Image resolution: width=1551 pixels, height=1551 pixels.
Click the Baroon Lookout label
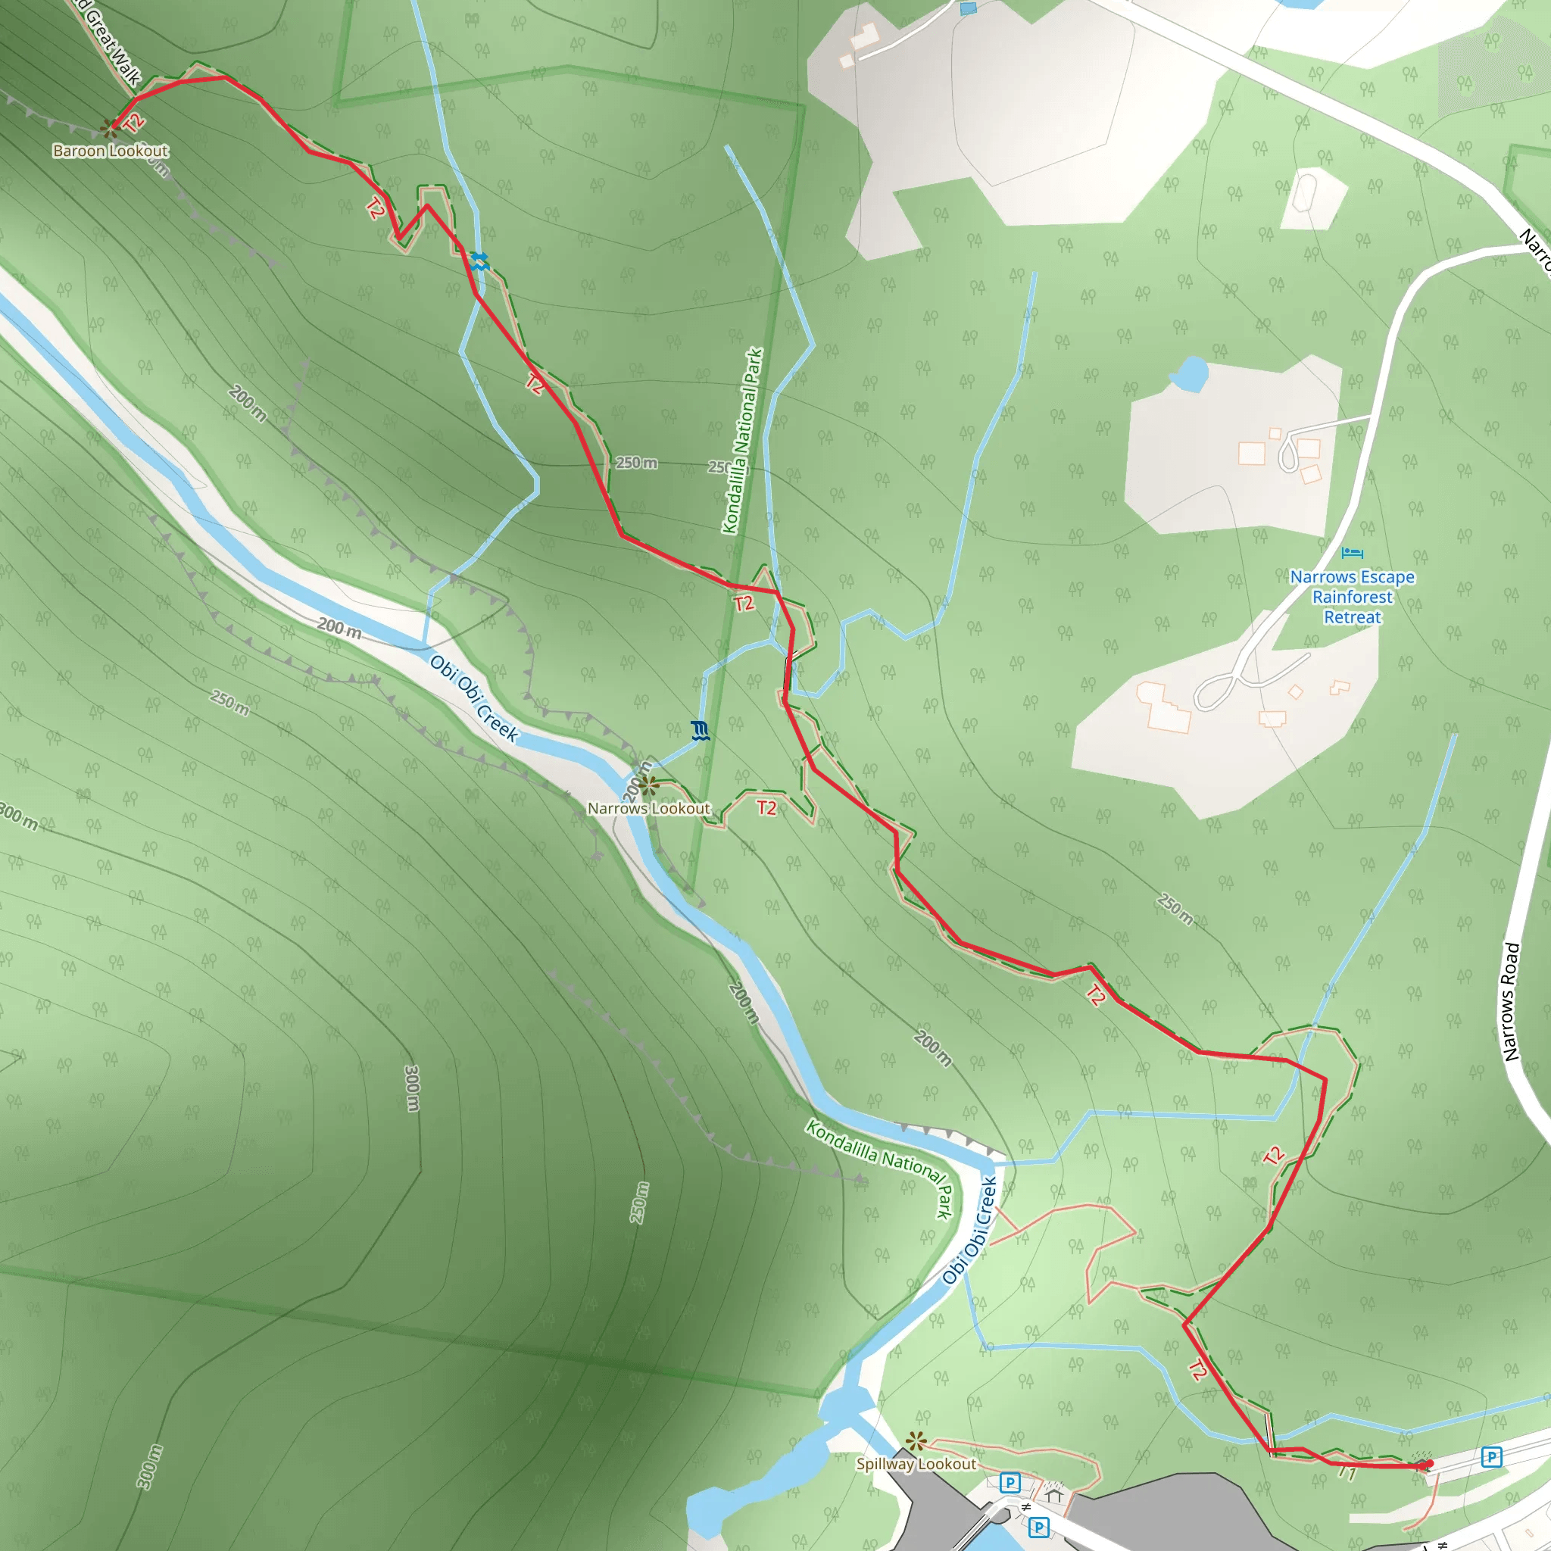pyautogui.click(x=111, y=151)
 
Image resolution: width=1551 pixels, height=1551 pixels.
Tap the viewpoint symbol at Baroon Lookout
pyautogui.click(x=109, y=128)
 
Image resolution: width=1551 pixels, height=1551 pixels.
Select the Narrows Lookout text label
pyautogui.click(x=649, y=808)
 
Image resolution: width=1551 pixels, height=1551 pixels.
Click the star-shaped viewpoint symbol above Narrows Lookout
pyautogui.click(x=649, y=785)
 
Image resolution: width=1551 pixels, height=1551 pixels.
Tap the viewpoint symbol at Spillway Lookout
pyautogui.click(x=916, y=1441)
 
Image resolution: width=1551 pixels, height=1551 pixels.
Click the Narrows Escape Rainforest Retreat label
pyautogui.click(x=1352, y=597)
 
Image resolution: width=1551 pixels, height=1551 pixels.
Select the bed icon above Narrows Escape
pyautogui.click(x=1352, y=553)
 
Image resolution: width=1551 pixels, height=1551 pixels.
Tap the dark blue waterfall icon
pyautogui.click(x=700, y=731)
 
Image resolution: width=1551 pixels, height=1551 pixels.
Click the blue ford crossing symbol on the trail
pyautogui.click(x=479, y=261)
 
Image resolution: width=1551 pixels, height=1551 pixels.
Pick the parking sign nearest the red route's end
pyautogui.click(x=1492, y=1457)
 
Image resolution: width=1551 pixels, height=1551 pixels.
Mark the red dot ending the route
pyautogui.click(x=1430, y=1463)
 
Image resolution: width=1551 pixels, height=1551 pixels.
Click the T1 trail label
pyautogui.click(x=1347, y=1473)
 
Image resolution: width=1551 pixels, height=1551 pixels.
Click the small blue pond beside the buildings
pyautogui.click(x=1190, y=373)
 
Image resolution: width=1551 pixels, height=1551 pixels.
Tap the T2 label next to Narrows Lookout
pyautogui.click(x=766, y=807)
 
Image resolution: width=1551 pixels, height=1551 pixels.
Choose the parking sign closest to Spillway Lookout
pyautogui.click(x=1010, y=1482)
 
